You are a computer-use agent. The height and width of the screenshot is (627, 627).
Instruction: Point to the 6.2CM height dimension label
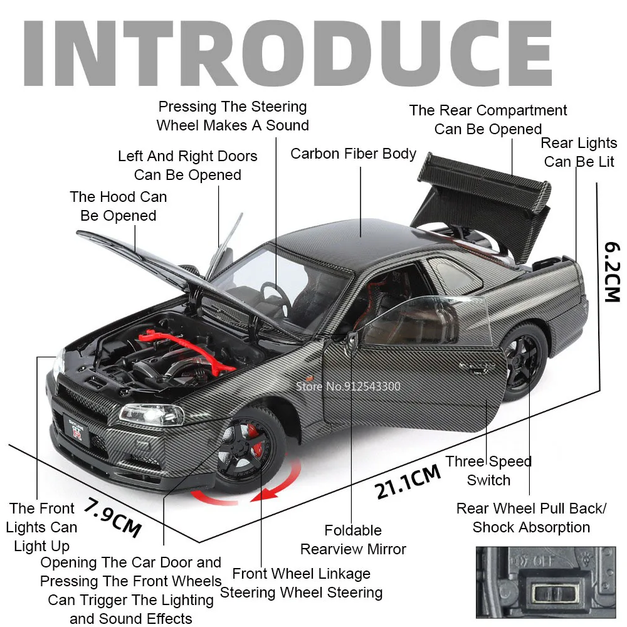pyautogui.click(x=612, y=270)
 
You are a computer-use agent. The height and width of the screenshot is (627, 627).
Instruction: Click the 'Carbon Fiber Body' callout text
pyautogui.click(x=353, y=154)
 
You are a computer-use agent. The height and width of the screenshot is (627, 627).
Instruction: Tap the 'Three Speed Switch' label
pyautogui.click(x=488, y=471)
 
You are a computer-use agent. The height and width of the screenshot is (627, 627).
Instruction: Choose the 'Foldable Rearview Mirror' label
pyautogui.click(x=353, y=540)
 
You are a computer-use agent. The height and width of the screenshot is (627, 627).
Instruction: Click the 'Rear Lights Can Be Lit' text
pyautogui.click(x=579, y=152)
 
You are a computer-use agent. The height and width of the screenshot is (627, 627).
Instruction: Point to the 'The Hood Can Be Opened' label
pyautogui.click(x=119, y=206)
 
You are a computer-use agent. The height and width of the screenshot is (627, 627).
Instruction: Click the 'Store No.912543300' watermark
pyautogui.click(x=349, y=386)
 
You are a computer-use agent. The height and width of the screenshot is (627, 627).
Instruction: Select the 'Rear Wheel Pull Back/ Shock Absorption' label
pyautogui.click(x=531, y=517)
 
